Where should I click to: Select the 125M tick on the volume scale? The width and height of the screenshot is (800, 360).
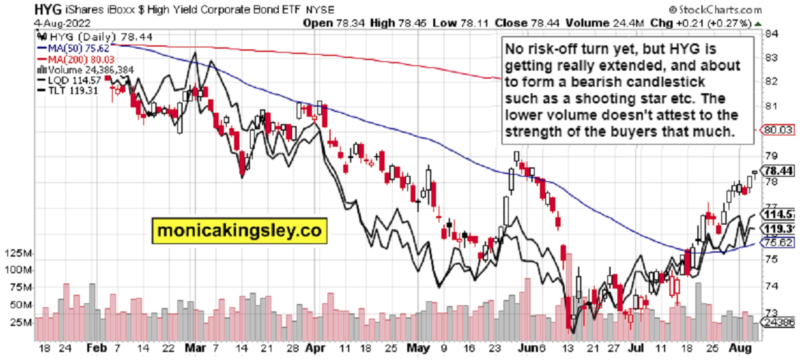pos(19,254)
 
